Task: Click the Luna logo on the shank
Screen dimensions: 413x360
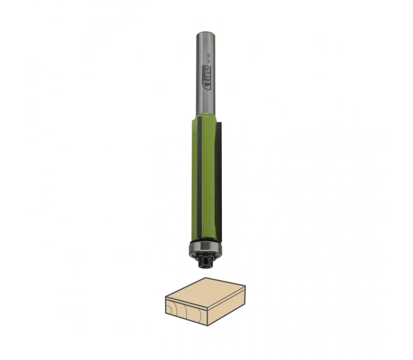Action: tap(208, 78)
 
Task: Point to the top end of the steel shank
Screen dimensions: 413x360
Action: tap(206, 33)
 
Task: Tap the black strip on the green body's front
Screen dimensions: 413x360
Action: tap(200, 178)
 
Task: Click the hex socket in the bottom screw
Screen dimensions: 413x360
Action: tap(205, 266)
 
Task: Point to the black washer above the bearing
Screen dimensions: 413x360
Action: tap(205, 240)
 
